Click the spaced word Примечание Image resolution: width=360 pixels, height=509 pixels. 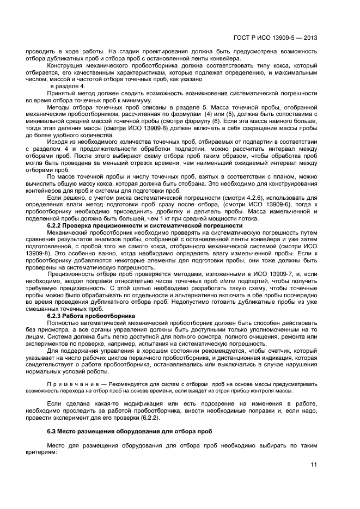(x=74, y=384)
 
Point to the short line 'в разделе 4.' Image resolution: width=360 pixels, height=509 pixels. (x=68, y=87)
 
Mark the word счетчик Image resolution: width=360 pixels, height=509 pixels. (x=270, y=351)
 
